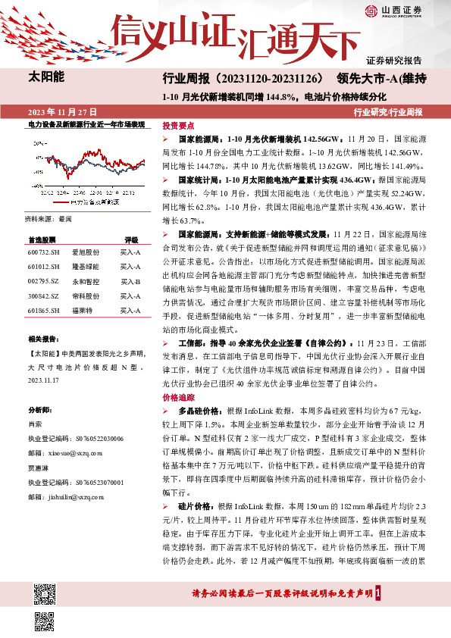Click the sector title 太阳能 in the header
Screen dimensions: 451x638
point(45,77)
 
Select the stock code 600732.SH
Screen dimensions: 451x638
point(44,251)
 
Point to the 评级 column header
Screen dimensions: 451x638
point(131,239)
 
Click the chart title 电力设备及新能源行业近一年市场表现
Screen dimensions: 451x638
point(86,124)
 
